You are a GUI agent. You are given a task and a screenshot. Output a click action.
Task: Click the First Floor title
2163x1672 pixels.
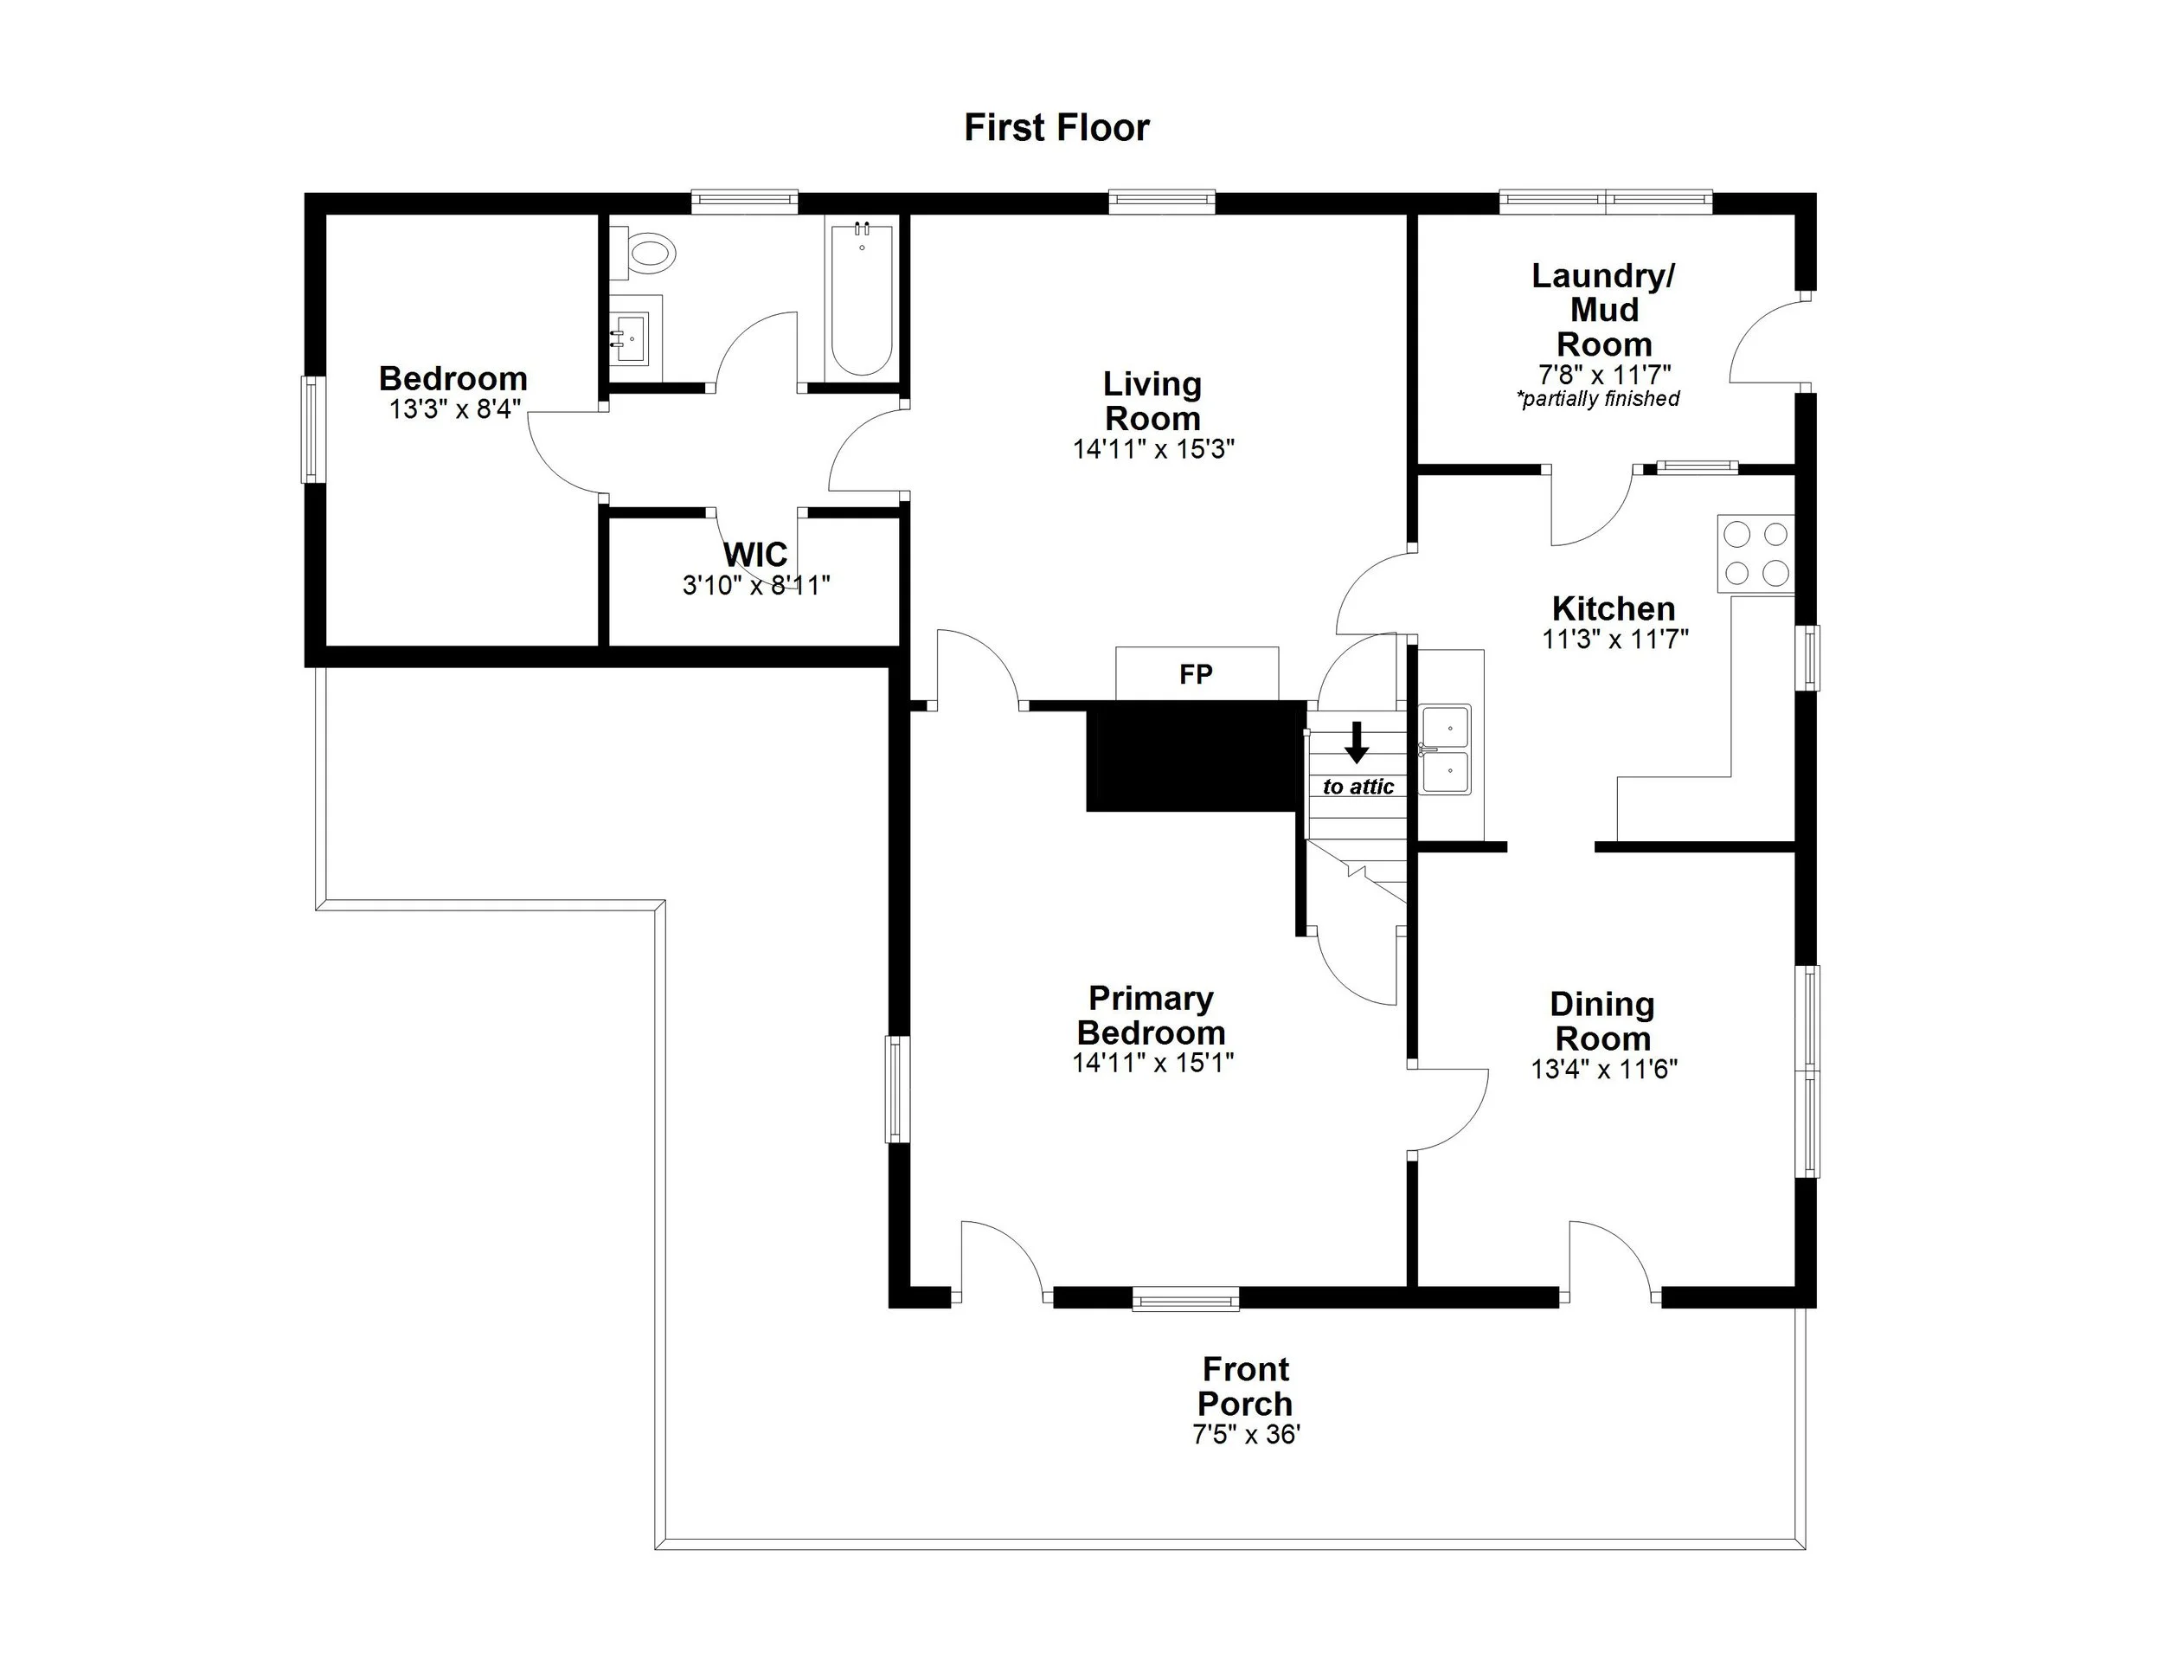click(x=1056, y=128)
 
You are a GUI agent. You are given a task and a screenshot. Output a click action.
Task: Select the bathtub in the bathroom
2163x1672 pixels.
click(x=861, y=300)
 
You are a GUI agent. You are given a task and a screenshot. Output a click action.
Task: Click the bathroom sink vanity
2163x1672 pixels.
click(x=631, y=336)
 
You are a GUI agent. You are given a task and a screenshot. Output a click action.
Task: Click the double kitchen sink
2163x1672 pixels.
click(x=1445, y=749)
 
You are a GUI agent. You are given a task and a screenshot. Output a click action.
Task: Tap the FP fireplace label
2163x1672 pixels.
click(x=1196, y=674)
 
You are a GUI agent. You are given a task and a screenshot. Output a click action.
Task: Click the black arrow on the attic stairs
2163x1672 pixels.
click(x=1357, y=741)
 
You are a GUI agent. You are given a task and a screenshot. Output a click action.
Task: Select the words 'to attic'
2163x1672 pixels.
click(x=1357, y=787)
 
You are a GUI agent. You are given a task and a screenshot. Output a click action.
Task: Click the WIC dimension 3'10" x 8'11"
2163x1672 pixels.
click(x=755, y=585)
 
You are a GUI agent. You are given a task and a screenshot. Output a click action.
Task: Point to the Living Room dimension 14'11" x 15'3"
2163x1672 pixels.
click(x=1152, y=448)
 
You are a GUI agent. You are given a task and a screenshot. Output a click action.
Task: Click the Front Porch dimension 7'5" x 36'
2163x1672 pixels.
click(x=1246, y=1434)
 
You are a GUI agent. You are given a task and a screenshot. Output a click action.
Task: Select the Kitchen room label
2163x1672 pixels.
click(x=1614, y=608)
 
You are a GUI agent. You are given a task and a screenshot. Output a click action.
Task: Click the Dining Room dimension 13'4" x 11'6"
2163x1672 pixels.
click(x=1603, y=1069)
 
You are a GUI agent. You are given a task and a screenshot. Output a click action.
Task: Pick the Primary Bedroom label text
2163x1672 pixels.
click(x=1151, y=1015)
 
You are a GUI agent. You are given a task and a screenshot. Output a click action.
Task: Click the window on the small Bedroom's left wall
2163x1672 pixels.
click(x=312, y=429)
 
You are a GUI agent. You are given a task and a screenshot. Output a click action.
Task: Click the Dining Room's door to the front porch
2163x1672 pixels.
click(x=1609, y=1263)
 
